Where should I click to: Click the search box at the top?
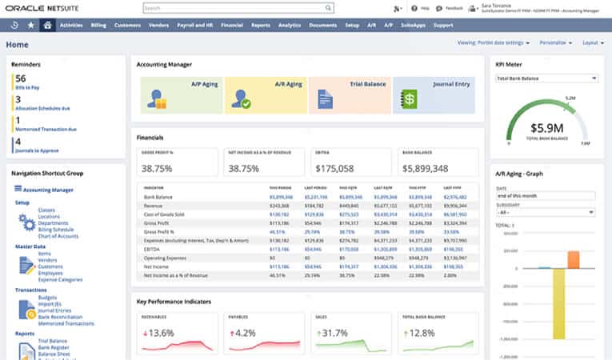(238, 8)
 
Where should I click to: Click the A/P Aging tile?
(178, 94)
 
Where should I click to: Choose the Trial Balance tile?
(349, 94)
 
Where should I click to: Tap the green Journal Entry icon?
(409, 99)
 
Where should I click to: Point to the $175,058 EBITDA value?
(335, 168)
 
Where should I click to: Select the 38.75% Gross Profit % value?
(158, 168)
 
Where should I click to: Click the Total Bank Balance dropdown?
(546, 78)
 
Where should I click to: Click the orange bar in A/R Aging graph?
(573, 259)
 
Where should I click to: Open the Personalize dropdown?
(554, 42)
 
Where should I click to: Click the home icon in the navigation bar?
(48, 25)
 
